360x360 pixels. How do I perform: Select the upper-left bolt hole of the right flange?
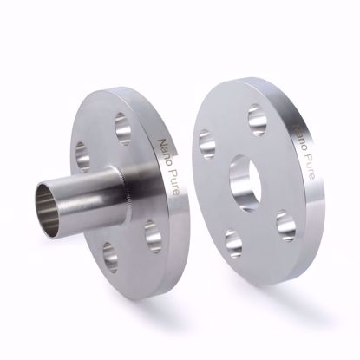pyautogui.click(x=206, y=143)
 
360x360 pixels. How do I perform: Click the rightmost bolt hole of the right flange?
pyautogui.click(x=286, y=225)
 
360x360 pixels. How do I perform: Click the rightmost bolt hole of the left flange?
pyautogui.click(x=151, y=235)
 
